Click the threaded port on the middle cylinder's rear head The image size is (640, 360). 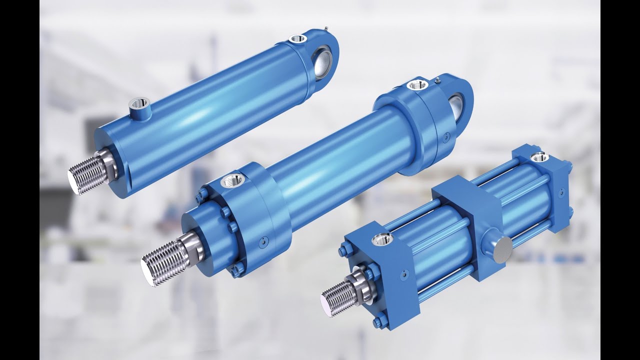coord(415,84)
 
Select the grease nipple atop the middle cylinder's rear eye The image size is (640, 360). coord(437,78)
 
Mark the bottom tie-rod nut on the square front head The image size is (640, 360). coord(378,320)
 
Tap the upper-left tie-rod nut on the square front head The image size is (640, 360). coord(344,250)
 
